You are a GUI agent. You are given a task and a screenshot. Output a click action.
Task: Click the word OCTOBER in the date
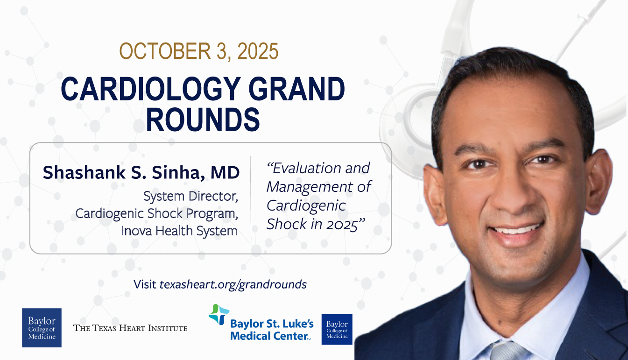pyautogui.click(x=165, y=51)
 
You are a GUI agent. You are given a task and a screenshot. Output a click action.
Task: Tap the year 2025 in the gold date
pyautogui.click(x=258, y=51)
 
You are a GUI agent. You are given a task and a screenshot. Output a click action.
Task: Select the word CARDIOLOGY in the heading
pyautogui.click(x=150, y=89)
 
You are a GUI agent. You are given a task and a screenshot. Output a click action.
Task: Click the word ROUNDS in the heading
pyautogui.click(x=203, y=120)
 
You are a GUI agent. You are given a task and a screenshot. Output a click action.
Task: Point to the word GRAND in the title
pyautogui.click(x=296, y=89)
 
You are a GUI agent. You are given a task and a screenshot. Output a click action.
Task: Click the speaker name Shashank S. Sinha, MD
pyautogui.click(x=141, y=172)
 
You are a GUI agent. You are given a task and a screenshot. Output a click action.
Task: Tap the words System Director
pyautogui.click(x=191, y=196)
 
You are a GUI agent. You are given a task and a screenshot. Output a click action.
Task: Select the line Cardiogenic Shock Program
pyautogui.click(x=157, y=214)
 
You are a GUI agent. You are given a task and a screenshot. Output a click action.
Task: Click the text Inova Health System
pyautogui.click(x=179, y=231)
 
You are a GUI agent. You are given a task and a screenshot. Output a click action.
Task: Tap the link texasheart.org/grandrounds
pyautogui.click(x=233, y=284)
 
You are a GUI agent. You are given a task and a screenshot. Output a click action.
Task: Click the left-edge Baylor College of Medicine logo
pyautogui.click(x=42, y=328)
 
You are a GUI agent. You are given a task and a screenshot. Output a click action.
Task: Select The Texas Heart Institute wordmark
pyautogui.click(x=130, y=328)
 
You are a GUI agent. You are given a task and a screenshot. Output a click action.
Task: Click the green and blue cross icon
pyautogui.click(x=219, y=314)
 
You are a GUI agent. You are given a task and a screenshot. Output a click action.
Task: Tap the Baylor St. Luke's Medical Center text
pyautogui.click(x=272, y=330)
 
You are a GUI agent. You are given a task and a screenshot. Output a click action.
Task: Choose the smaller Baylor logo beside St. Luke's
pyautogui.click(x=337, y=330)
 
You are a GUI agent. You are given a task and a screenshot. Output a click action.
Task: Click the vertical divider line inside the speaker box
pyautogui.click(x=251, y=198)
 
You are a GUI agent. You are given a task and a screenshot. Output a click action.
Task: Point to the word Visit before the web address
pyautogui.click(x=145, y=284)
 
